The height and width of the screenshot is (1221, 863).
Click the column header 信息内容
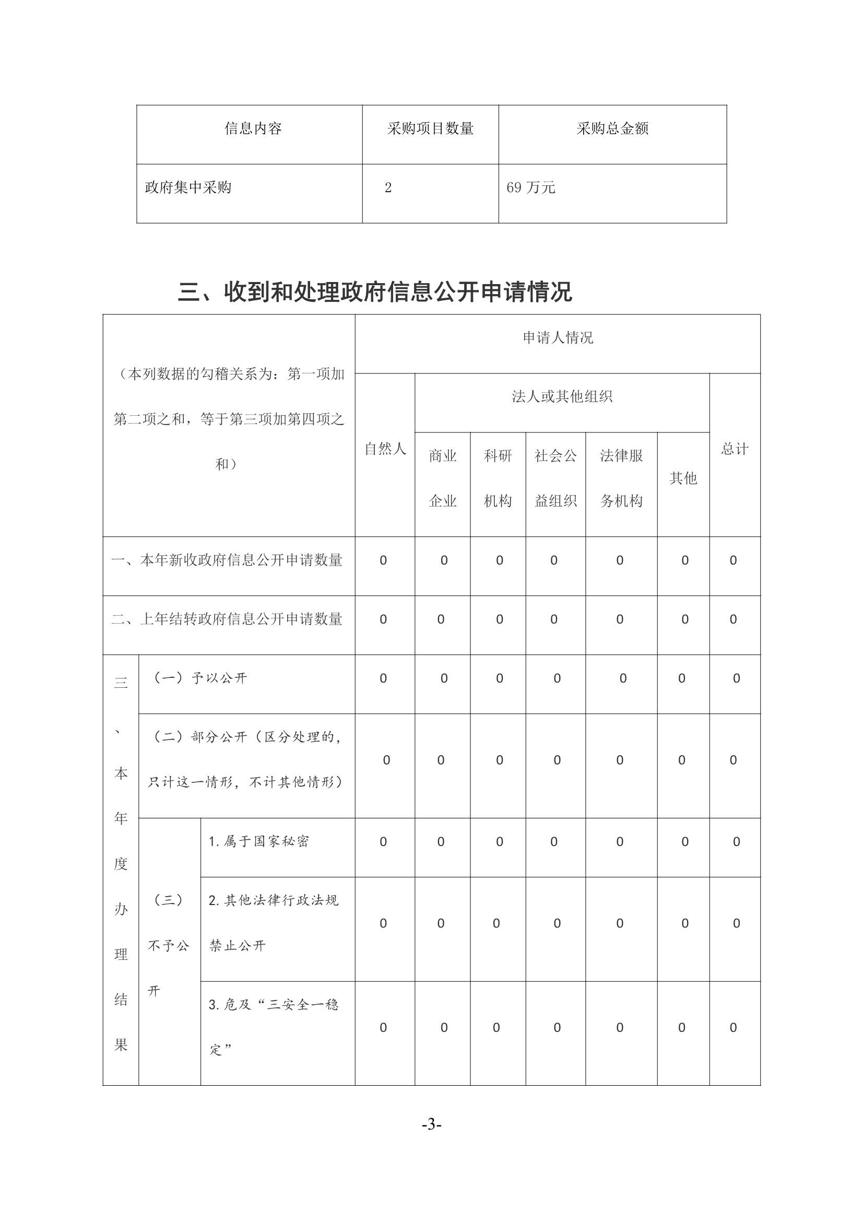(253, 128)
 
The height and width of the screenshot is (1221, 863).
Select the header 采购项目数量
(430, 128)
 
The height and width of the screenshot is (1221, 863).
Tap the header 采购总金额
(612, 128)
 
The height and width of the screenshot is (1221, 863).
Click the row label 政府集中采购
(188, 187)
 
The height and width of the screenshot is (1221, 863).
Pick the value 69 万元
(530, 187)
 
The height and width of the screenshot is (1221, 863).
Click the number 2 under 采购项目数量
(388, 187)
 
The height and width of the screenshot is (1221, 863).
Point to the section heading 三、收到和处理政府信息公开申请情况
(375, 292)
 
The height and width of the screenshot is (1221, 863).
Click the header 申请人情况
(558, 338)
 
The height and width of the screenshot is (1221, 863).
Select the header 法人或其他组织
(562, 397)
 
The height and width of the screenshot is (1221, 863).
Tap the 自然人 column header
(385, 449)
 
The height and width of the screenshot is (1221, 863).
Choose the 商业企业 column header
(443, 478)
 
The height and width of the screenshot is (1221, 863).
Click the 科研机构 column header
(498, 478)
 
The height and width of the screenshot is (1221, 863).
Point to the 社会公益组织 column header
(555, 478)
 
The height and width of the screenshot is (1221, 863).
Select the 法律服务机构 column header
(621, 478)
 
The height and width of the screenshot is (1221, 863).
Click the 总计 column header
(735, 449)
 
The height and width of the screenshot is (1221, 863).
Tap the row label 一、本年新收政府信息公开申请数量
(227, 560)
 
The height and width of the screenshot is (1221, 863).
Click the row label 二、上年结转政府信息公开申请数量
(227, 619)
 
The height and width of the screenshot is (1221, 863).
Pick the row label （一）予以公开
(200, 678)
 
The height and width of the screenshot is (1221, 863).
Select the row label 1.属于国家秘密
(258, 841)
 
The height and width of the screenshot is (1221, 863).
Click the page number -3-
(431, 1125)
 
